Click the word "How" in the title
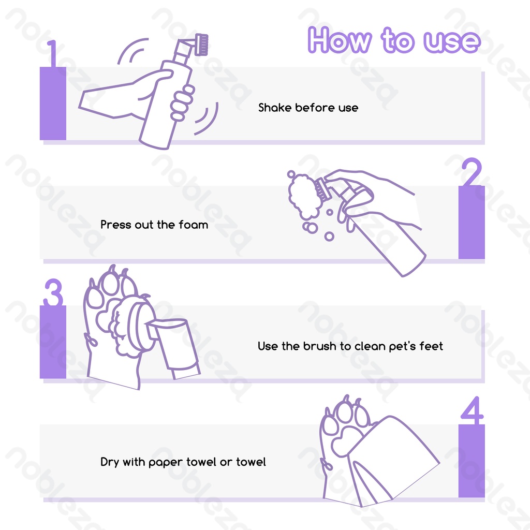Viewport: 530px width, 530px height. pos(340,40)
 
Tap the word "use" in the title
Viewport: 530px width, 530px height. pos(452,42)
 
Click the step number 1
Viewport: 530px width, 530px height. pos(52,53)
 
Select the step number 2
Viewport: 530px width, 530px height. pos(472,172)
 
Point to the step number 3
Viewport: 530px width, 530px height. pos(53,292)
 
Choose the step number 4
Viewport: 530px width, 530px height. pos(472,410)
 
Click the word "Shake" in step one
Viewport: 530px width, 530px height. pos(275,108)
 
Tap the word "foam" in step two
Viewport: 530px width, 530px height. pos(194,225)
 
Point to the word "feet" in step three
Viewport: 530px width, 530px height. pos(431,346)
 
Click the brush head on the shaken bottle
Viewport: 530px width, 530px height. pos(202,45)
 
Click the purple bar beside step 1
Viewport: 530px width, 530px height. pos(53,104)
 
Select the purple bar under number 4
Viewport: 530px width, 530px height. pos(472,461)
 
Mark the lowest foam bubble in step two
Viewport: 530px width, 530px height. pos(329,236)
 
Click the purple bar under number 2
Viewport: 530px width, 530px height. pos(472,222)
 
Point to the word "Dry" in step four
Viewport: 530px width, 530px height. pos(110,462)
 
